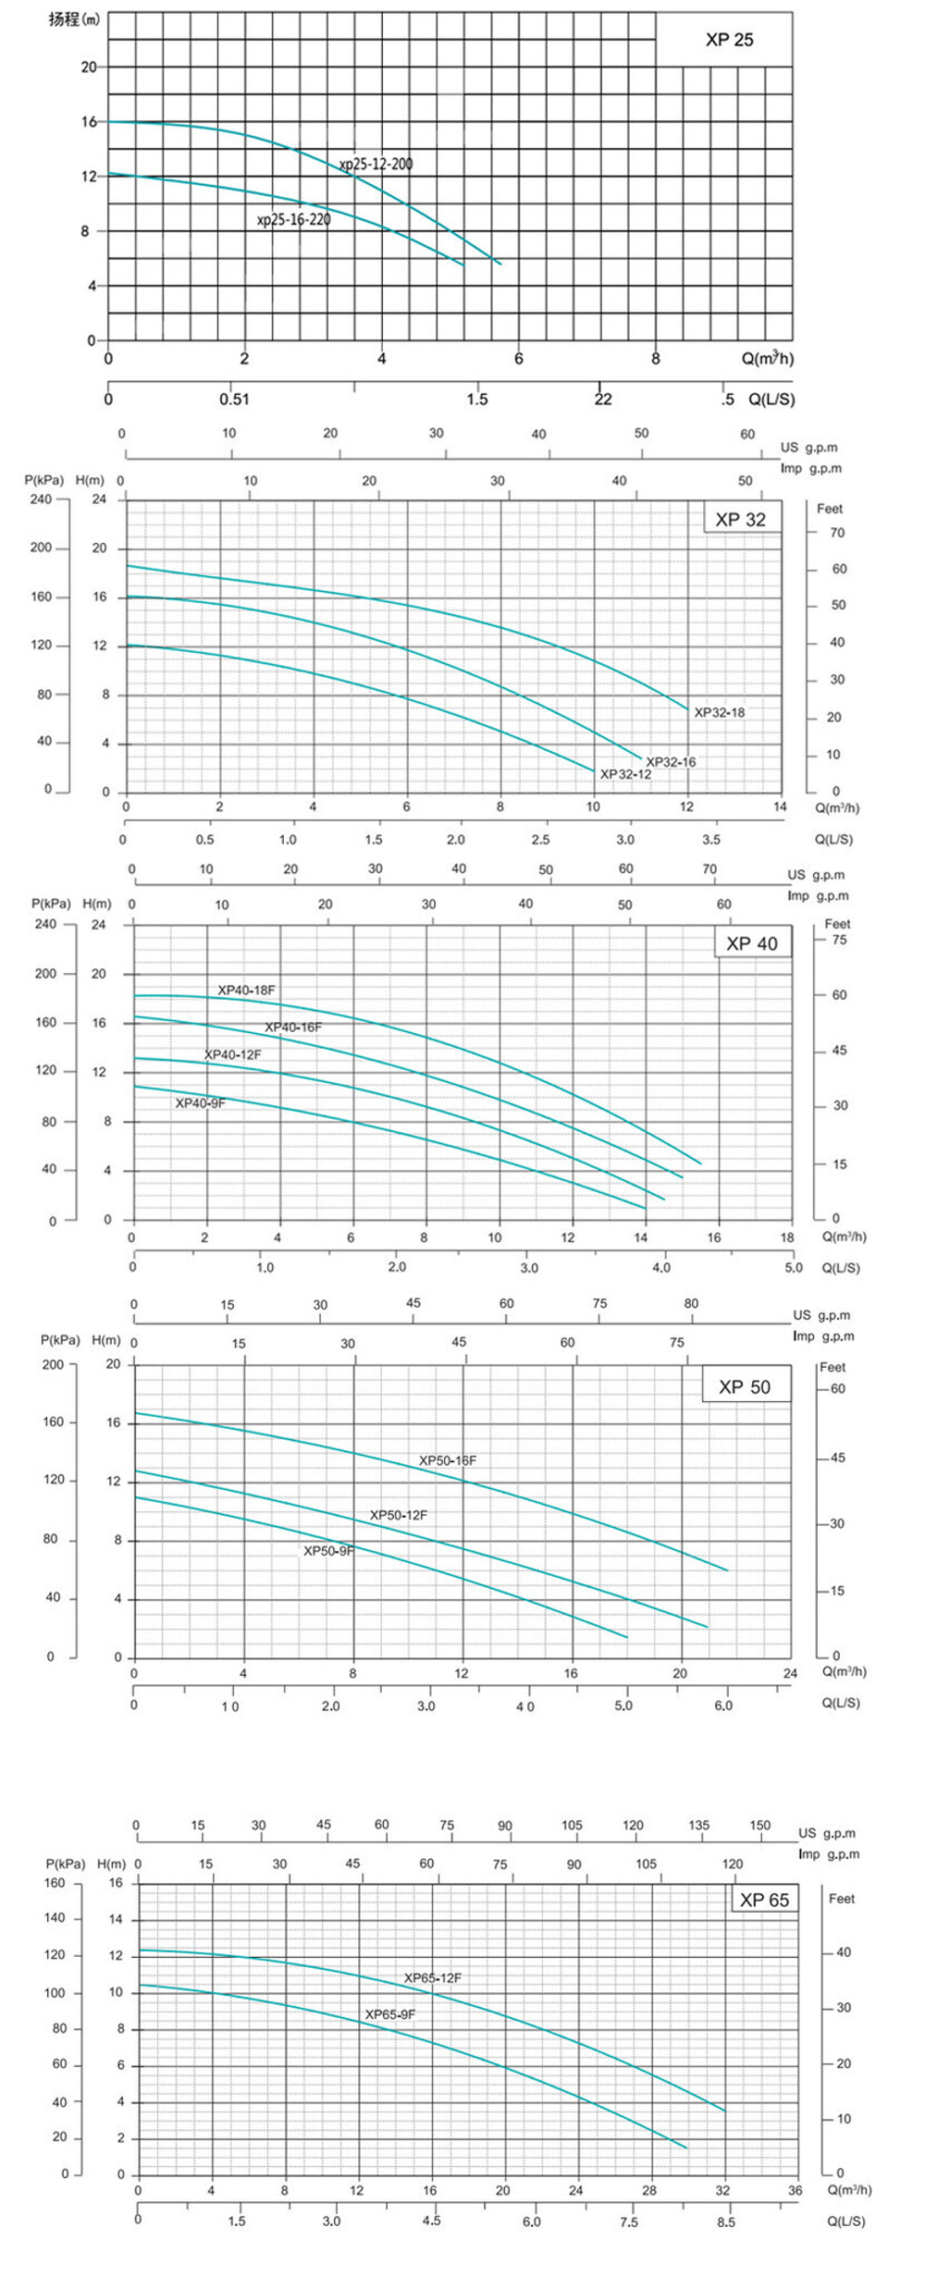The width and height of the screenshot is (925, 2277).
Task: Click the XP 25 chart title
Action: tap(729, 40)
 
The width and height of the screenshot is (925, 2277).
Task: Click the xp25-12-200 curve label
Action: tap(376, 165)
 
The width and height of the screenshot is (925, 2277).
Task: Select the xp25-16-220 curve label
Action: tap(293, 220)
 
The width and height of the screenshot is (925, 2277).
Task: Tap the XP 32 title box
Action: tap(741, 520)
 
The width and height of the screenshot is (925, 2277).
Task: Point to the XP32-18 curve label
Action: tap(720, 712)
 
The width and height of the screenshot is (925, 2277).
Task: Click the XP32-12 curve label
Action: tap(625, 774)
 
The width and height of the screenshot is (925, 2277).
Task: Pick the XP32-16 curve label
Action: tap(671, 762)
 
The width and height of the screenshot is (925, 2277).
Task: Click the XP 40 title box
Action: tap(752, 943)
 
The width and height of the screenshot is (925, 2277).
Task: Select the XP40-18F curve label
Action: tap(246, 991)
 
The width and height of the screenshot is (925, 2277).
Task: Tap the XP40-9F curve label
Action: tap(201, 1103)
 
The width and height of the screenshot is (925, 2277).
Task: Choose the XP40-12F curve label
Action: tap(233, 1054)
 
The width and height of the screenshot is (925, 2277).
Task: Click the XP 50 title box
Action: tap(745, 1387)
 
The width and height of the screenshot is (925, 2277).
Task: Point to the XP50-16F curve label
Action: tap(448, 1461)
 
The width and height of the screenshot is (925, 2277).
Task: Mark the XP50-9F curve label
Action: tap(328, 1551)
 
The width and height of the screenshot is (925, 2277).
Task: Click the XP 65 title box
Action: tap(765, 1901)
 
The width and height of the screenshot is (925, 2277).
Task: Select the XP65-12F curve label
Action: tap(433, 1978)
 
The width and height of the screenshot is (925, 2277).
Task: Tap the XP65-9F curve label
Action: tap(390, 2014)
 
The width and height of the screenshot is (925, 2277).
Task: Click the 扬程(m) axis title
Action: tap(74, 19)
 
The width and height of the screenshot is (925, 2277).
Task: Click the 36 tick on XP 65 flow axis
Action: tap(795, 2190)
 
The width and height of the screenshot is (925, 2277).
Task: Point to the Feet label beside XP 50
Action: tap(832, 1367)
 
